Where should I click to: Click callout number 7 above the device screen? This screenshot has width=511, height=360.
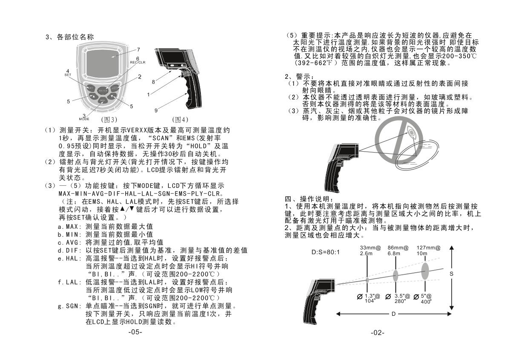138,49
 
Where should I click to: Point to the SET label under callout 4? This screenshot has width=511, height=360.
67,75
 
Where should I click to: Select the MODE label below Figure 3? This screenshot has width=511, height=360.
84,119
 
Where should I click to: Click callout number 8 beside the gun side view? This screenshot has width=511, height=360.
153,81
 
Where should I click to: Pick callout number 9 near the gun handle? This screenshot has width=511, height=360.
156,110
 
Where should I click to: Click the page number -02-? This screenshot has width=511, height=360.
377,332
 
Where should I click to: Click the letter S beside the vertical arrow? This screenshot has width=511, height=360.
451,274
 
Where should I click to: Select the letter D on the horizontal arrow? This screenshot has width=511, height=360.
393,314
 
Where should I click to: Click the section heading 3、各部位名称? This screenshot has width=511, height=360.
70,37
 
